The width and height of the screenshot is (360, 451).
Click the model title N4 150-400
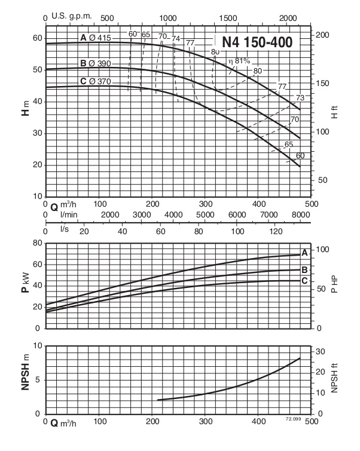click(257, 42)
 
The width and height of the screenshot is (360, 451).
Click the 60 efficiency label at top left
click(133, 34)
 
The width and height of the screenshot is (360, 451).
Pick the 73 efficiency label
click(300, 98)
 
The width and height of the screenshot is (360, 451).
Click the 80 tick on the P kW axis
click(36, 243)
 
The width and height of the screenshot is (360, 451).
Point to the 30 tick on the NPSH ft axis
click(321, 351)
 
